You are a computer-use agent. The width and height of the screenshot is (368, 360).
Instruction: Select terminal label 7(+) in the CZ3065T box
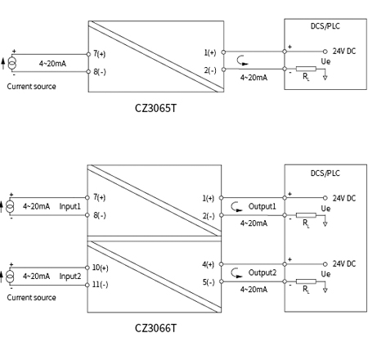(100, 53)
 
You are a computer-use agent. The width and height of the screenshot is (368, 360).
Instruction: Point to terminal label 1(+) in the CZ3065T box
(210, 53)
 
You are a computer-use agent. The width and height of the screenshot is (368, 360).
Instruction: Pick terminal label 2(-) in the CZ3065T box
(210, 70)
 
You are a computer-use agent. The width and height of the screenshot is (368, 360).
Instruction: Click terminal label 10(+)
(101, 268)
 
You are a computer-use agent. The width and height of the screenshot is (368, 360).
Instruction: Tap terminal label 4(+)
(209, 264)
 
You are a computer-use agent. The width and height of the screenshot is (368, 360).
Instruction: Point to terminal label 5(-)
(209, 282)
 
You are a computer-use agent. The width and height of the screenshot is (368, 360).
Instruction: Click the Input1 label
(70, 206)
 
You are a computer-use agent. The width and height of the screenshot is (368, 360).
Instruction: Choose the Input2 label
(70, 276)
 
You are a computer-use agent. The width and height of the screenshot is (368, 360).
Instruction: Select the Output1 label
(263, 206)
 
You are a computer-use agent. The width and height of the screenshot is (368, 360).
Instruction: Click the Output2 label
(263, 272)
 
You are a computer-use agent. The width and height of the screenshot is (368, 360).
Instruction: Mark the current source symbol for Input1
(11, 206)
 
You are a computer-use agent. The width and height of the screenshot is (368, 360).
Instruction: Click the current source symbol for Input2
(11, 276)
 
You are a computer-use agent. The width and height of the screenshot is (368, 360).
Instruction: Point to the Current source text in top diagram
(31, 86)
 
